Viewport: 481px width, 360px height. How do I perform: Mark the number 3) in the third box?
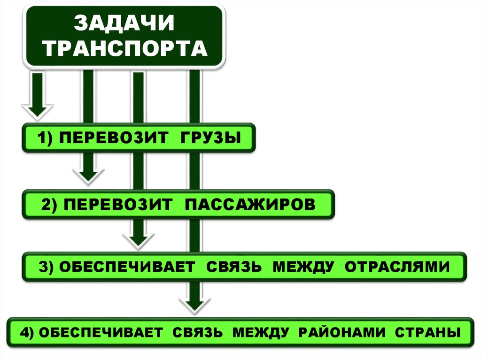[47, 267]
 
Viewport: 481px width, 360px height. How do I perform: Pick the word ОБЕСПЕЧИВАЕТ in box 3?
[127, 267]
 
